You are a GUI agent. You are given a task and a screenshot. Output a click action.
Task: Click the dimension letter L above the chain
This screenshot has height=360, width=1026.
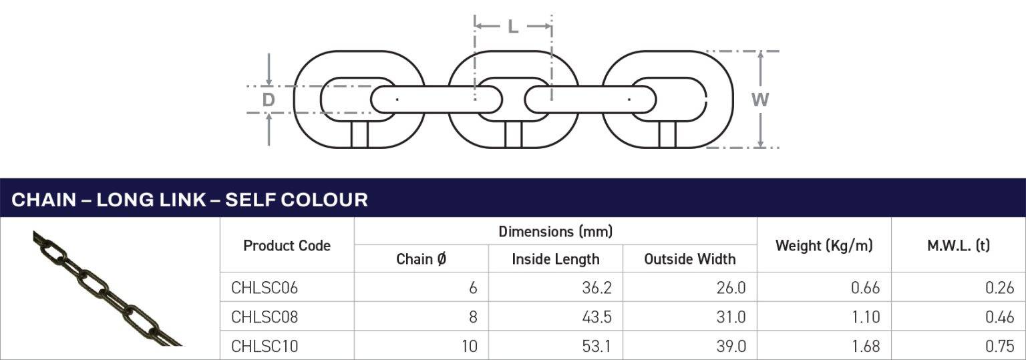point(512,27)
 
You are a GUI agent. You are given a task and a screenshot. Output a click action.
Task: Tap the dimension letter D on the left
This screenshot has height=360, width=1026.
point(268,100)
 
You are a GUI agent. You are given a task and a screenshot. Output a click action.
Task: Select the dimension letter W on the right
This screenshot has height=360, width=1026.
point(760,100)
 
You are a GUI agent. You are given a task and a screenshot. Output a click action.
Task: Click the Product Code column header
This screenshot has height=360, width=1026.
point(287,246)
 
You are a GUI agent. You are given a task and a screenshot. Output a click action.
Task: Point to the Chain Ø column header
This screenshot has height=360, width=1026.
point(421,259)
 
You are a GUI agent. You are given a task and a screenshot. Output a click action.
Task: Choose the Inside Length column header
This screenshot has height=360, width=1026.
point(555,259)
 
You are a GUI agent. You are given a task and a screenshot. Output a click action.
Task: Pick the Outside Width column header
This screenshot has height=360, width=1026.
point(689,259)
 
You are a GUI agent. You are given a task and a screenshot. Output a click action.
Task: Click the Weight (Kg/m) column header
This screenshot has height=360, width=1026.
point(824,246)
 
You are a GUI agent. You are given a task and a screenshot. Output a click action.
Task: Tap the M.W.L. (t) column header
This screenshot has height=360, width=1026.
point(958,246)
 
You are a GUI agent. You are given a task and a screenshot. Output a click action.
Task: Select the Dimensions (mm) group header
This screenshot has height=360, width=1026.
point(555,232)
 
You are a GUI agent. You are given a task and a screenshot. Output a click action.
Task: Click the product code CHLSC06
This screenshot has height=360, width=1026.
point(265,288)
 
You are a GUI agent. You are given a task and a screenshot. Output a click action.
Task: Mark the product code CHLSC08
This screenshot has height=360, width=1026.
point(265,317)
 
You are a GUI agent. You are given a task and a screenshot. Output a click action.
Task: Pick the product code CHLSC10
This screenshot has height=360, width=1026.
point(265,346)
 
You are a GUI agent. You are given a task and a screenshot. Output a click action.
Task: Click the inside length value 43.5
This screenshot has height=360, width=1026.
point(597,317)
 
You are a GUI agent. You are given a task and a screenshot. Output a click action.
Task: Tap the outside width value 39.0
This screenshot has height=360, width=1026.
point(731,346)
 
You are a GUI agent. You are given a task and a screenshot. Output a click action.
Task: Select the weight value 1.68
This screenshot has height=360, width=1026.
point(866,346)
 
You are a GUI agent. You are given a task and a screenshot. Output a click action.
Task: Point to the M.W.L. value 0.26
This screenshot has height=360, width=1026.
point(1000,288)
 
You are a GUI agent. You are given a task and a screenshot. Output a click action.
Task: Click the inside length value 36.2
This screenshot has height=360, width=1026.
point(597,288)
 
